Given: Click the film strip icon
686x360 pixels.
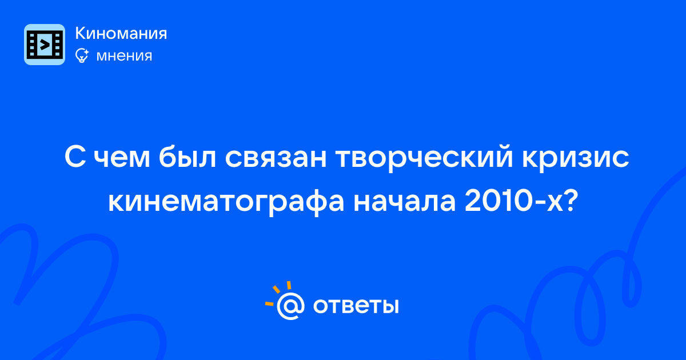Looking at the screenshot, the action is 45,45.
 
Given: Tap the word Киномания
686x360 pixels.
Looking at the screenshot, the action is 121,33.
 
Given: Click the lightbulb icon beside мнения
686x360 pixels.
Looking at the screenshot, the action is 82,55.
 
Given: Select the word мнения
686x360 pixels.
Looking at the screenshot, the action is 124,56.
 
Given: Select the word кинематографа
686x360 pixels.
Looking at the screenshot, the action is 226,203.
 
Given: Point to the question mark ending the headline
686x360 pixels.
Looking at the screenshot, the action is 571,201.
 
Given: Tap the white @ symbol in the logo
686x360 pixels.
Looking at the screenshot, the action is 290,306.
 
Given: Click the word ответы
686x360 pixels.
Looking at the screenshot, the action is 356,306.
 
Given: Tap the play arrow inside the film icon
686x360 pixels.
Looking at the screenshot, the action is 45,45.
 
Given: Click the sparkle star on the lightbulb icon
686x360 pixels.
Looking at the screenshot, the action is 86,52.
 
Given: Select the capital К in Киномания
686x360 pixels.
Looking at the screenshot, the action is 80,33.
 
